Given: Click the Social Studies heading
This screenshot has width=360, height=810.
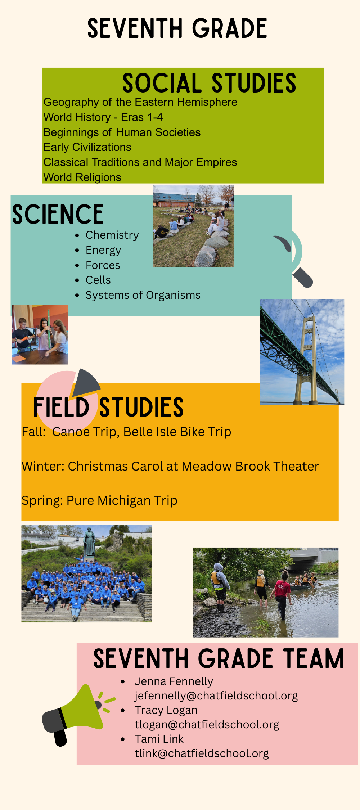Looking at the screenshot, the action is tap(209, 83).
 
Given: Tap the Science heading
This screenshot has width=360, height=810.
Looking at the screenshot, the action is tap(58, 215).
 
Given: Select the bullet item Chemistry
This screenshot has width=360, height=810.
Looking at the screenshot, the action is tap(112, 235).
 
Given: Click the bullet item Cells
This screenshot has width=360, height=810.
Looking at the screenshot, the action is tap(98, 280).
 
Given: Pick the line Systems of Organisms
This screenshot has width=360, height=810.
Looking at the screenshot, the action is tap(143, 295).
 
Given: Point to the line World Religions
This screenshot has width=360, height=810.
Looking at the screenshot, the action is tap(82, 177).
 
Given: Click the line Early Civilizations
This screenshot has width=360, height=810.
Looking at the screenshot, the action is tap(87, 147).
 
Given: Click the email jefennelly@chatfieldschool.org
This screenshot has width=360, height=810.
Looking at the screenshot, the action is tap(216, 696).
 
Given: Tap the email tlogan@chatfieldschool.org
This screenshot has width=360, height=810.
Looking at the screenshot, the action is tap(207, 725).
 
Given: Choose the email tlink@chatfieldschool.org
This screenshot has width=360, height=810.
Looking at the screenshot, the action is tap(202, 753).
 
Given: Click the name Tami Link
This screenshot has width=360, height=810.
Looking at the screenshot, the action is tap(159, 739).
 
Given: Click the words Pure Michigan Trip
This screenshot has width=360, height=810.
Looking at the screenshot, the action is tap(122, 501).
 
